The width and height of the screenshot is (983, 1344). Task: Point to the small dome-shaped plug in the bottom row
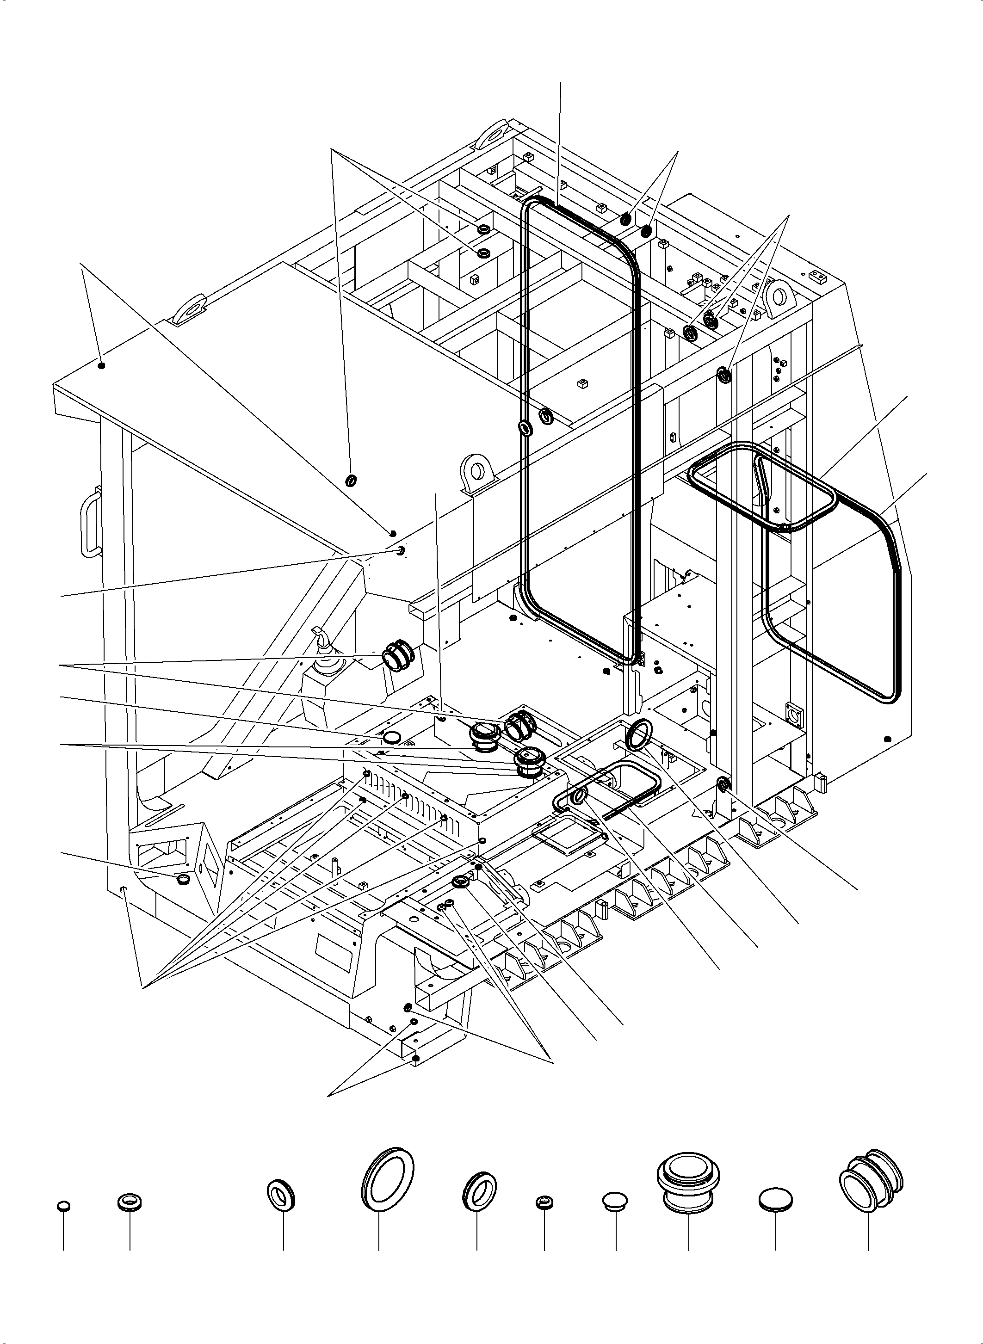pyautogui.click(x=616, y=1201)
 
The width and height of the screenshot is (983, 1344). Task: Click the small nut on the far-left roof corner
pyautogui.click(x=102, y=365)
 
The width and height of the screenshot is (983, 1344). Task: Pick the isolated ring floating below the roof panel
pyautogui.click(x=351, y=480)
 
